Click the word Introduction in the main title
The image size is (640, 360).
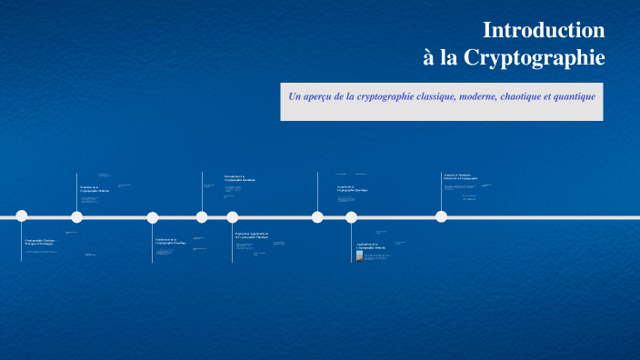click(x=544, y=30)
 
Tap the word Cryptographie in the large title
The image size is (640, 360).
click(x=535, y=58)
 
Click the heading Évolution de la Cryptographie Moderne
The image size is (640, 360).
click(x=94, y=189)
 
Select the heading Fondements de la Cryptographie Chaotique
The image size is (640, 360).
click(x=171, y=242)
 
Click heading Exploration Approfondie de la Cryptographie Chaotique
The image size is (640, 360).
click(x=252, y=235)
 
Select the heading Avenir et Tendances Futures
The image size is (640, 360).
click(x=460, y=177)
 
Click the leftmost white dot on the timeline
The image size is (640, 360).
click(x=22, y=216)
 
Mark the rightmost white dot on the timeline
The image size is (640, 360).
click(x=441, y=216)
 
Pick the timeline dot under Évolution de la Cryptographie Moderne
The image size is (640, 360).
click(x=77, y=216)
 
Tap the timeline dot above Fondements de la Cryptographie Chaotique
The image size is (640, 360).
click(x=153, y=216)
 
